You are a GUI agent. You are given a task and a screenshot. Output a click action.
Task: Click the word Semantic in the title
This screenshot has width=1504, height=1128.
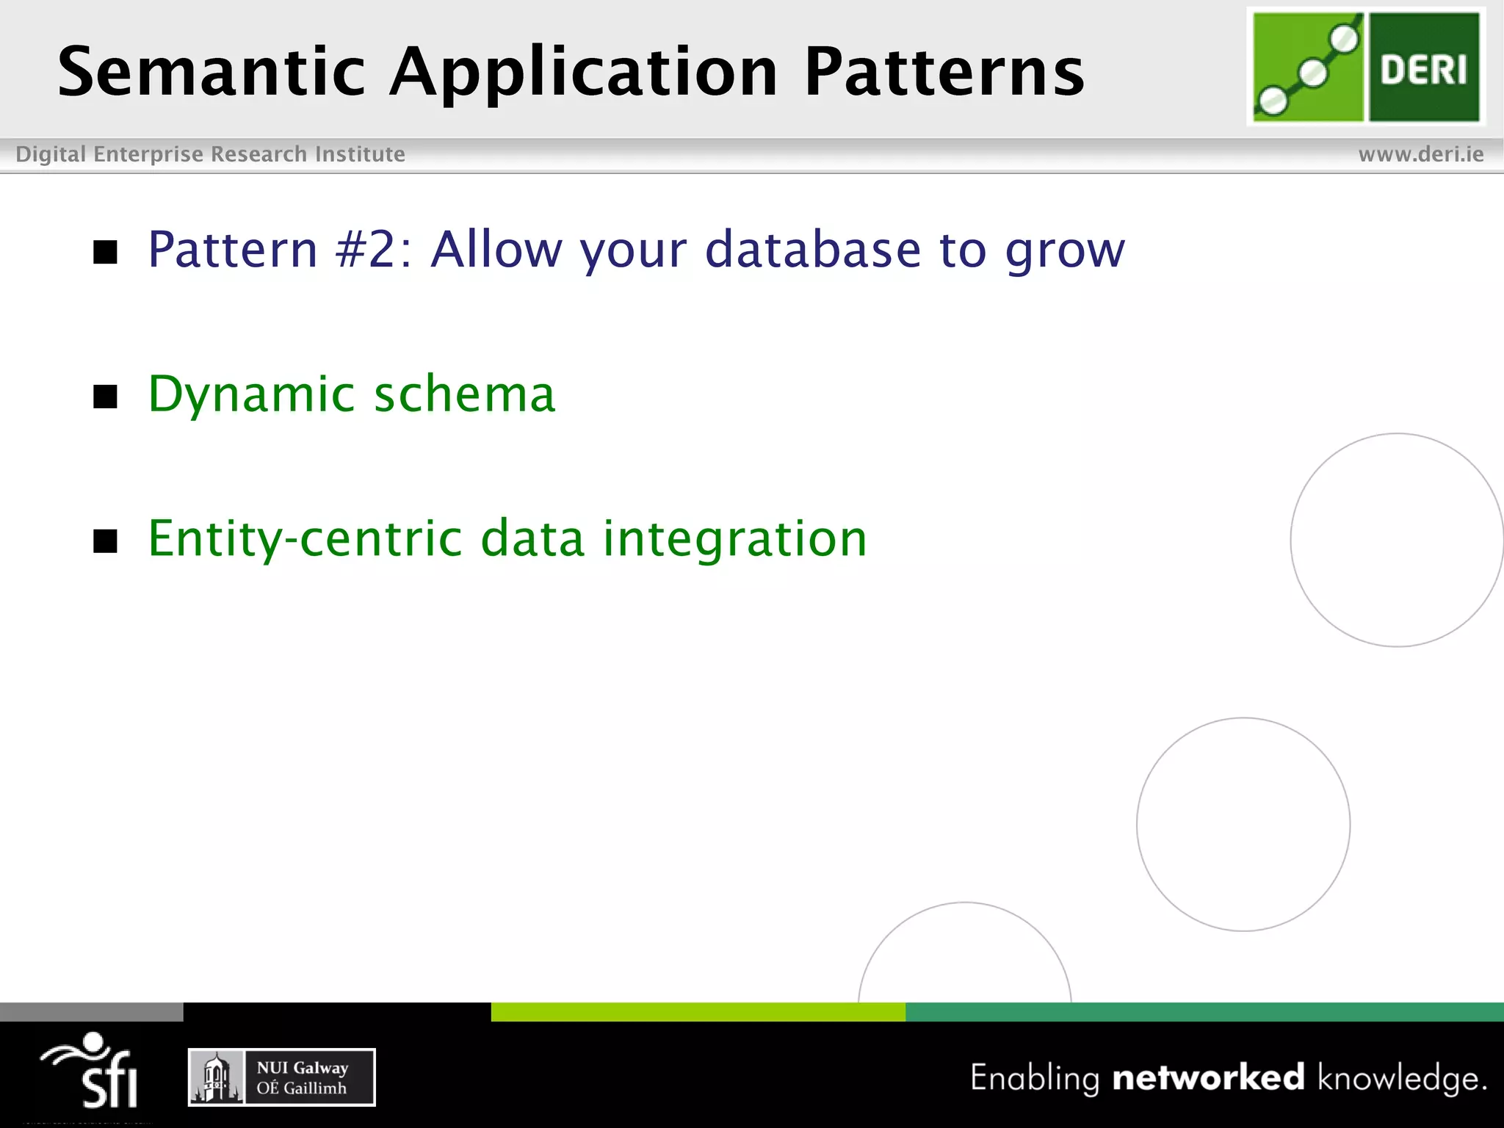pos(211,72)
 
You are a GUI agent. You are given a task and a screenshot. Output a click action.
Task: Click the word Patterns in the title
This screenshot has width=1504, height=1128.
pos(944,72)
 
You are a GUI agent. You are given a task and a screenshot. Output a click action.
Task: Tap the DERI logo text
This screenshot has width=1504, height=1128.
pos(1423,70)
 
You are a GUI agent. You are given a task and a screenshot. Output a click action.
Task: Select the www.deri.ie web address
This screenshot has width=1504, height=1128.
pos(1420,154)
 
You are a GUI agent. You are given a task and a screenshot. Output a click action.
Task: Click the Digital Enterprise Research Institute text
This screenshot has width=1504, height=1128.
pos(210,154)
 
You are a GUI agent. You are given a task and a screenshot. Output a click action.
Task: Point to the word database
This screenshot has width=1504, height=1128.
pos(812,250)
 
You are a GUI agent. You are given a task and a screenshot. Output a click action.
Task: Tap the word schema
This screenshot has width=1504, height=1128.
pos(464,395)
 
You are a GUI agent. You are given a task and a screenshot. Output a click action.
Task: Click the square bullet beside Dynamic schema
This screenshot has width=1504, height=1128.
pos(106,397)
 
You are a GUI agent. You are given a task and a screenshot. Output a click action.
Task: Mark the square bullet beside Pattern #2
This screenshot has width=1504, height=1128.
pos(106,252)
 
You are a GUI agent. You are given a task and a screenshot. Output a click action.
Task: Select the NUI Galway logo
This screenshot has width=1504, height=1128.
pos(282,1077)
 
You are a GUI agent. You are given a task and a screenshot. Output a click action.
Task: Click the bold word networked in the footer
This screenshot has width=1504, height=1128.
pos(1208,1077)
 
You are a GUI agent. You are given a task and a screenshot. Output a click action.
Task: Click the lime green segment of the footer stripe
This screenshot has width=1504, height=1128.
pos(698,1012)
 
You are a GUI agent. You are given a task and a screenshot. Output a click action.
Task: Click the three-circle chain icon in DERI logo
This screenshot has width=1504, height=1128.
pos(1308,70)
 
